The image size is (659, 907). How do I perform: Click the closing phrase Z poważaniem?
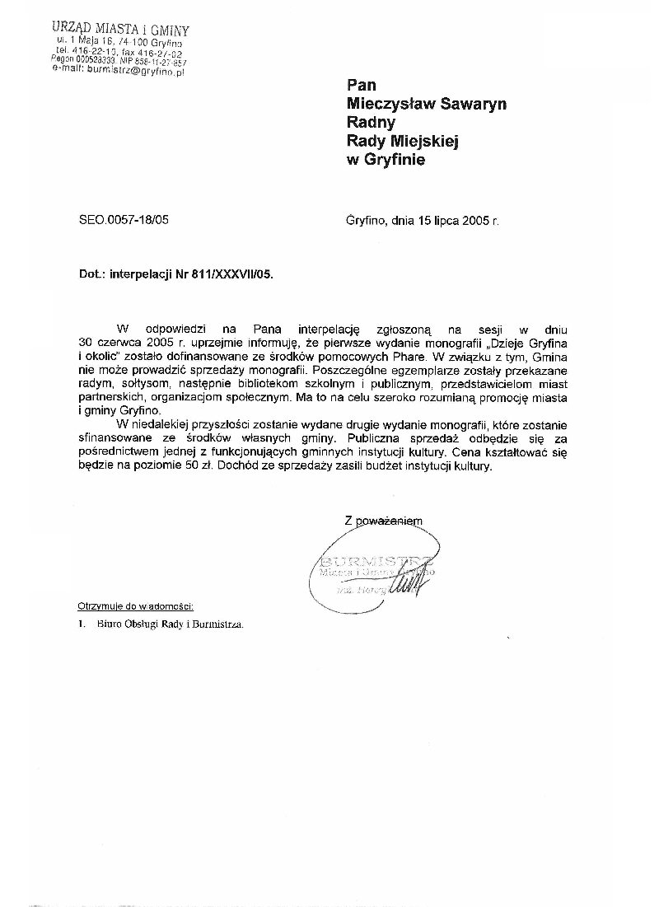(x=383, y=520)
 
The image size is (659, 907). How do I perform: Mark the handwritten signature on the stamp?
(x=409, y=586)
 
